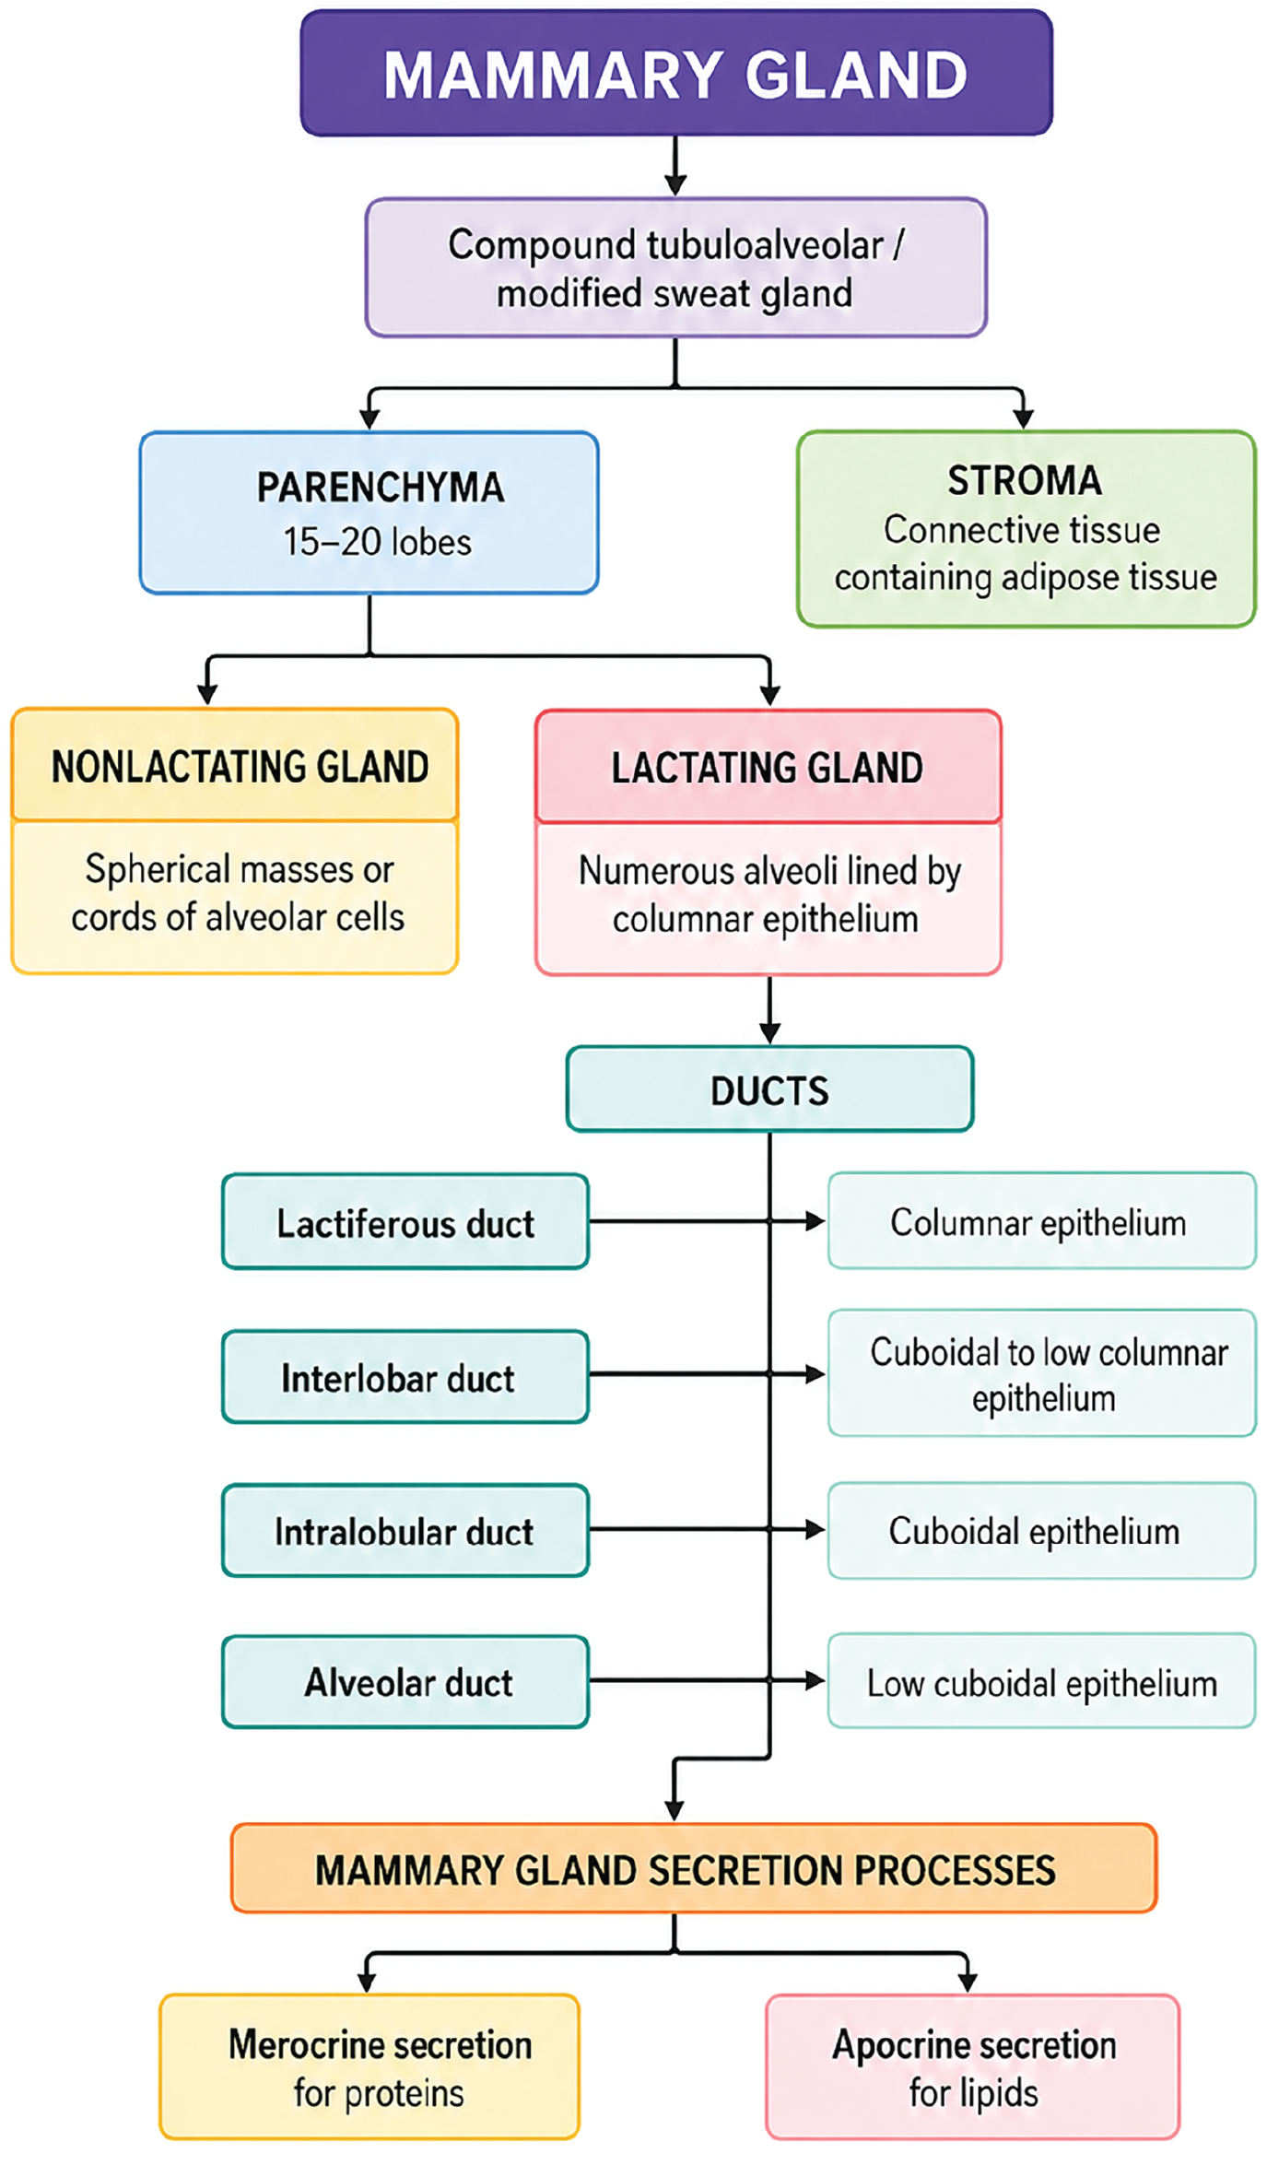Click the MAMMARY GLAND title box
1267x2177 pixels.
coord(676,73)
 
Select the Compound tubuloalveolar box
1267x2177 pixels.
coord(676,267)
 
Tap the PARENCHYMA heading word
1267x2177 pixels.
coord(380,488)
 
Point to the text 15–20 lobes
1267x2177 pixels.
coord(377,542)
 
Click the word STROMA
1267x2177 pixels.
coord(1025,480)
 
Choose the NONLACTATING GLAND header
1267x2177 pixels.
coord(235,765)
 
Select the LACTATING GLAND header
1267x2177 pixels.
coord(768,767)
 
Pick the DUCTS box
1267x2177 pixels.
coord(769,1089)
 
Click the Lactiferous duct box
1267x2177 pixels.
coord(405,1222)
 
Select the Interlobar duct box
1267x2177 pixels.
coord(405,1377)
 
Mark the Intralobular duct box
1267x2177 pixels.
coord(405,1531)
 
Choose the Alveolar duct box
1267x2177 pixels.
coord(405,1682)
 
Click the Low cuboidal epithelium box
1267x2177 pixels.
coord(1042,1681)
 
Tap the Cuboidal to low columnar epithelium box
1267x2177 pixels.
coord(1042,1373)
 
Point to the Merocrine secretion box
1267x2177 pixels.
coord(370,2066)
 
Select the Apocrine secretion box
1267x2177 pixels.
coord(973,2066)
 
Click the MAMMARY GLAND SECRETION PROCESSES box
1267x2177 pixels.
coord(694,1867)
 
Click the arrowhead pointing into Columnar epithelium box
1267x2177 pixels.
coord(815,1221)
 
